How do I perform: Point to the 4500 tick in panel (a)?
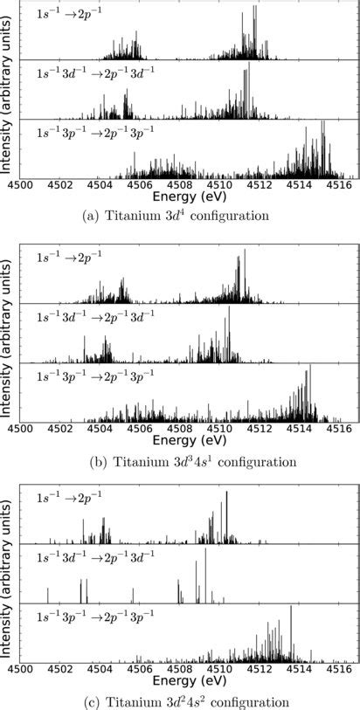click(20, 184)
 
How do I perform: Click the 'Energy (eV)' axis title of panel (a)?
click(181, 197)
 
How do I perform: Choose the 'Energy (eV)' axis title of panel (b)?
click(181, 442)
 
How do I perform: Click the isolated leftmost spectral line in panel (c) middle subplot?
click(48, 596)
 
